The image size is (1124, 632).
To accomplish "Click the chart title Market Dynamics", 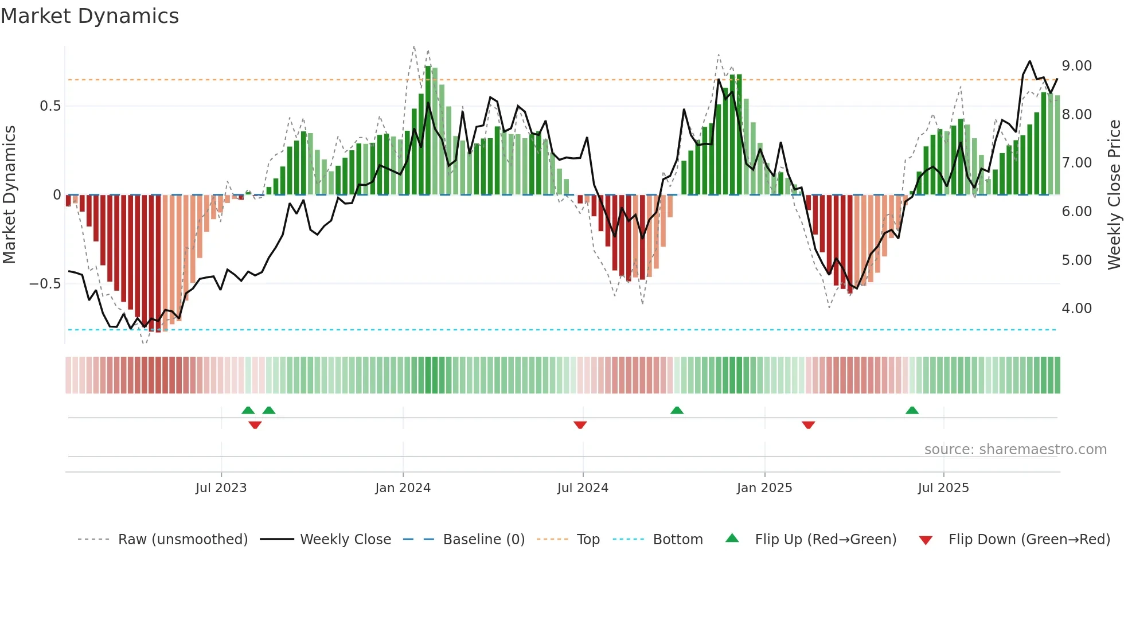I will tap(89, 16).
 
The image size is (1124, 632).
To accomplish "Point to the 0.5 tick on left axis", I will tap(50, 106).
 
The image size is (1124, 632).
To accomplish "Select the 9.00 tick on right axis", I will tap(1076, 66).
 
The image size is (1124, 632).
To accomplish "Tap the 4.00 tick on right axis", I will tap(1076, 309).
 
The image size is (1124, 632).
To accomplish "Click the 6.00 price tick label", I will tap(1076, 212).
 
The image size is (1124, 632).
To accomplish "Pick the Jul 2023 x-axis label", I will tap(221, 488).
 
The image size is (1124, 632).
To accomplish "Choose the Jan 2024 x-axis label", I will tap(403, 488).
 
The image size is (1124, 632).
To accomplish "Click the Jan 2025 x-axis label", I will tap(764, 488).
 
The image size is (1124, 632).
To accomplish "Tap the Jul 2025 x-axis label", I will tap(943, 488).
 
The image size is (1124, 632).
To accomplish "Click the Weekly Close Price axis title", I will tap(1114, 194).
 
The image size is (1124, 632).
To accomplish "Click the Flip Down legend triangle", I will tap(925, 540).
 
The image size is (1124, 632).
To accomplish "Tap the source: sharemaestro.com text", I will tap(1015, 450).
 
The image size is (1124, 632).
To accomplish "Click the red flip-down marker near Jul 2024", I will tap(580, 425).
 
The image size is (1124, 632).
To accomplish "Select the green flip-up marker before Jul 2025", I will tap(912, 410).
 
